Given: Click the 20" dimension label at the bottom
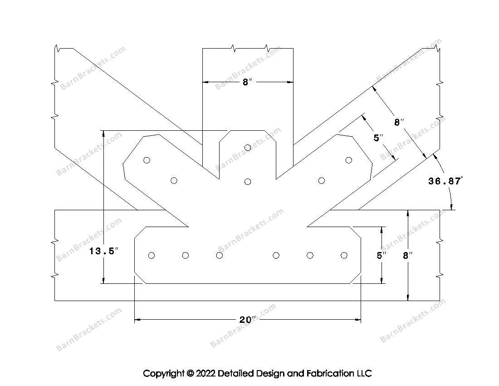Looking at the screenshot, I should pyautogui.click(x=247, y=320).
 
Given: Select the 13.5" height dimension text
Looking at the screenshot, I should pyautogui.click(x=103, y=251).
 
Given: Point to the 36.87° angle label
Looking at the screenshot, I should pyautogui.click(x=445, y=181).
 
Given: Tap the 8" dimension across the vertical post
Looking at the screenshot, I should pyautogui.click(x=247, y=82).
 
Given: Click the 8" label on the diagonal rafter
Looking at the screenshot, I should pyautogui.click(x=399, y=122).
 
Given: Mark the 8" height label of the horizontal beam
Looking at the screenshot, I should pyautogui.click(x=408, y=255).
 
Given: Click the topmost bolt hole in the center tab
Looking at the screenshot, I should pyautogui.click(x=248, y=147).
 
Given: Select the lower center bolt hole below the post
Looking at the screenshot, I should pyautogui.click(x=248, y=182).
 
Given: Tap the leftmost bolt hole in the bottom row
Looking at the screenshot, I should pyautogui.click(x=152, y=255).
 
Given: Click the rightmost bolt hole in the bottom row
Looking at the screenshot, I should pyautogui.click(x=344, y=255).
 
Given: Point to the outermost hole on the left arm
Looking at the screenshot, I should pyautogui.click(x=147, y=160).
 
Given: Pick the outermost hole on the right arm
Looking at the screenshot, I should pyautogui.click(x=349, y=160).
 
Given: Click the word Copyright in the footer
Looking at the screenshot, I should pyautogui.click(x=164, y=374).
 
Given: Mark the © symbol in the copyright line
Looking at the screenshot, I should pyautogui.click(x=190, y=374).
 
